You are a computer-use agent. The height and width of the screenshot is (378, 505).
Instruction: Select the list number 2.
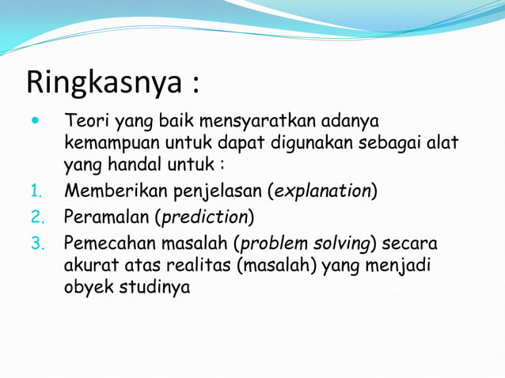(x=35, y=217)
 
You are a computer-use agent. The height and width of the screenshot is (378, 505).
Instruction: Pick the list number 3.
(x=35, y=243)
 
